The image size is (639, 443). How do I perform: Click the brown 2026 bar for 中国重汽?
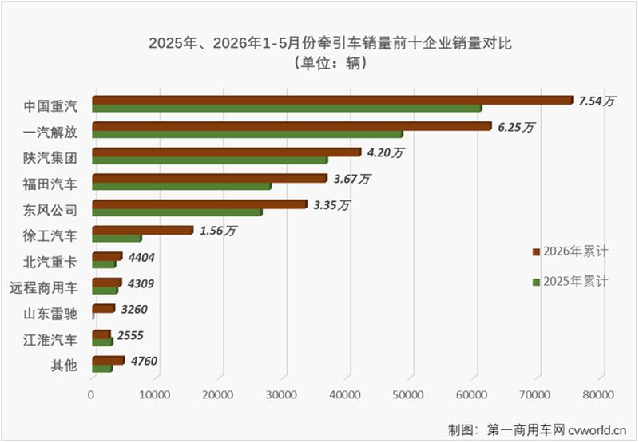tap(332, 100)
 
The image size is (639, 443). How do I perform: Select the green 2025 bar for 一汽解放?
tap(248, 134)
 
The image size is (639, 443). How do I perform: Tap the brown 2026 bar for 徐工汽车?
tap(143, 230)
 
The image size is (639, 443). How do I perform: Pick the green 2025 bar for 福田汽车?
tap(182, 186)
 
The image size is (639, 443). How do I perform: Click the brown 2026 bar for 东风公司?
tap(200, 204)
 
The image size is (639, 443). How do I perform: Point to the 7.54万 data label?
tap(597, 101)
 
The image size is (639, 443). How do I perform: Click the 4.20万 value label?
tap(385, 152)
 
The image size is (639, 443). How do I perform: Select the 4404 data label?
tap(141, 257)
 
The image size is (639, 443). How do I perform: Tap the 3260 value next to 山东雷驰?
tap(134, 310)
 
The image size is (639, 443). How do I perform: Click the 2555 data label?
tap(130, 335)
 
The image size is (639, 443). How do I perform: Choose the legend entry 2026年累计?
tap(570, 251)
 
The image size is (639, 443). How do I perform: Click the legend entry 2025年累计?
tap(570, 281)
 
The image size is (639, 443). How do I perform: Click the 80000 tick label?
tap(598, 394)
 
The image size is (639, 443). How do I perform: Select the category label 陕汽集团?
tap(50, 158)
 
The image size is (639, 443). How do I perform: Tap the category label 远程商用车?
tap(44, 288)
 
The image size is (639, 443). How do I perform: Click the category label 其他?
tap(64, 366)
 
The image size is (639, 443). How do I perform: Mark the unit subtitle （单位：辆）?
tap(330, 63)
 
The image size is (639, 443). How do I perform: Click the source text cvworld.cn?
tap(597, 429)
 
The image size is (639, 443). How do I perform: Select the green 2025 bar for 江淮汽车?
tap(102, 342)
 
